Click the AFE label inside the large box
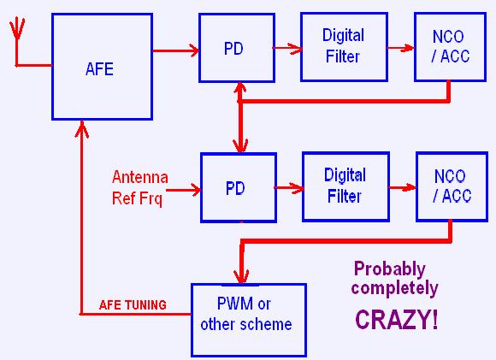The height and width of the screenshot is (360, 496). tap(99, 69)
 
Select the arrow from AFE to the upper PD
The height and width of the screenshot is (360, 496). tap(176, 50)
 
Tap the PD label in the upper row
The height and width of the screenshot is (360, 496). tap(233, 49)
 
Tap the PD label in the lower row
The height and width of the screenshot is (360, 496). tap(235, 188)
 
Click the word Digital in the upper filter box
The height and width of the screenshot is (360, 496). tap(343, 35)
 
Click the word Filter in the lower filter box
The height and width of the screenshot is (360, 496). tap(344, 196)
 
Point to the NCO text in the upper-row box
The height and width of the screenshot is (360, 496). tap(448, 37)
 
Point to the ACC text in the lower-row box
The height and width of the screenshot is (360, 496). tap(457, 196)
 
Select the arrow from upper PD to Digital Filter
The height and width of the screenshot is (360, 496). tap(287, 48)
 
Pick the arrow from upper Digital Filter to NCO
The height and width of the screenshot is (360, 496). tap(401, 48)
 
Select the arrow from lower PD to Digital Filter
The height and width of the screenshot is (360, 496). tap(289, 188)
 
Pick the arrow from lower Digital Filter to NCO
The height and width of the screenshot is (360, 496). tap(403, 188)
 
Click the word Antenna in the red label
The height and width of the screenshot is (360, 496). tap(139, 177)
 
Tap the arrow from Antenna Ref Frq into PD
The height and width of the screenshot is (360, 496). tap(184, 190)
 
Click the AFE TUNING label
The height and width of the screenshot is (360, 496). tap(133, 305)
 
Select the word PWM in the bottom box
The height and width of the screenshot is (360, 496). tap(235, 304)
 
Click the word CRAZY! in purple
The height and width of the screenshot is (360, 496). tap(397, 320)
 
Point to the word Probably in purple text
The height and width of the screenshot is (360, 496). tap(390, 270)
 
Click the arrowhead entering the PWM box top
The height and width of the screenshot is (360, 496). tap(241, 276)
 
